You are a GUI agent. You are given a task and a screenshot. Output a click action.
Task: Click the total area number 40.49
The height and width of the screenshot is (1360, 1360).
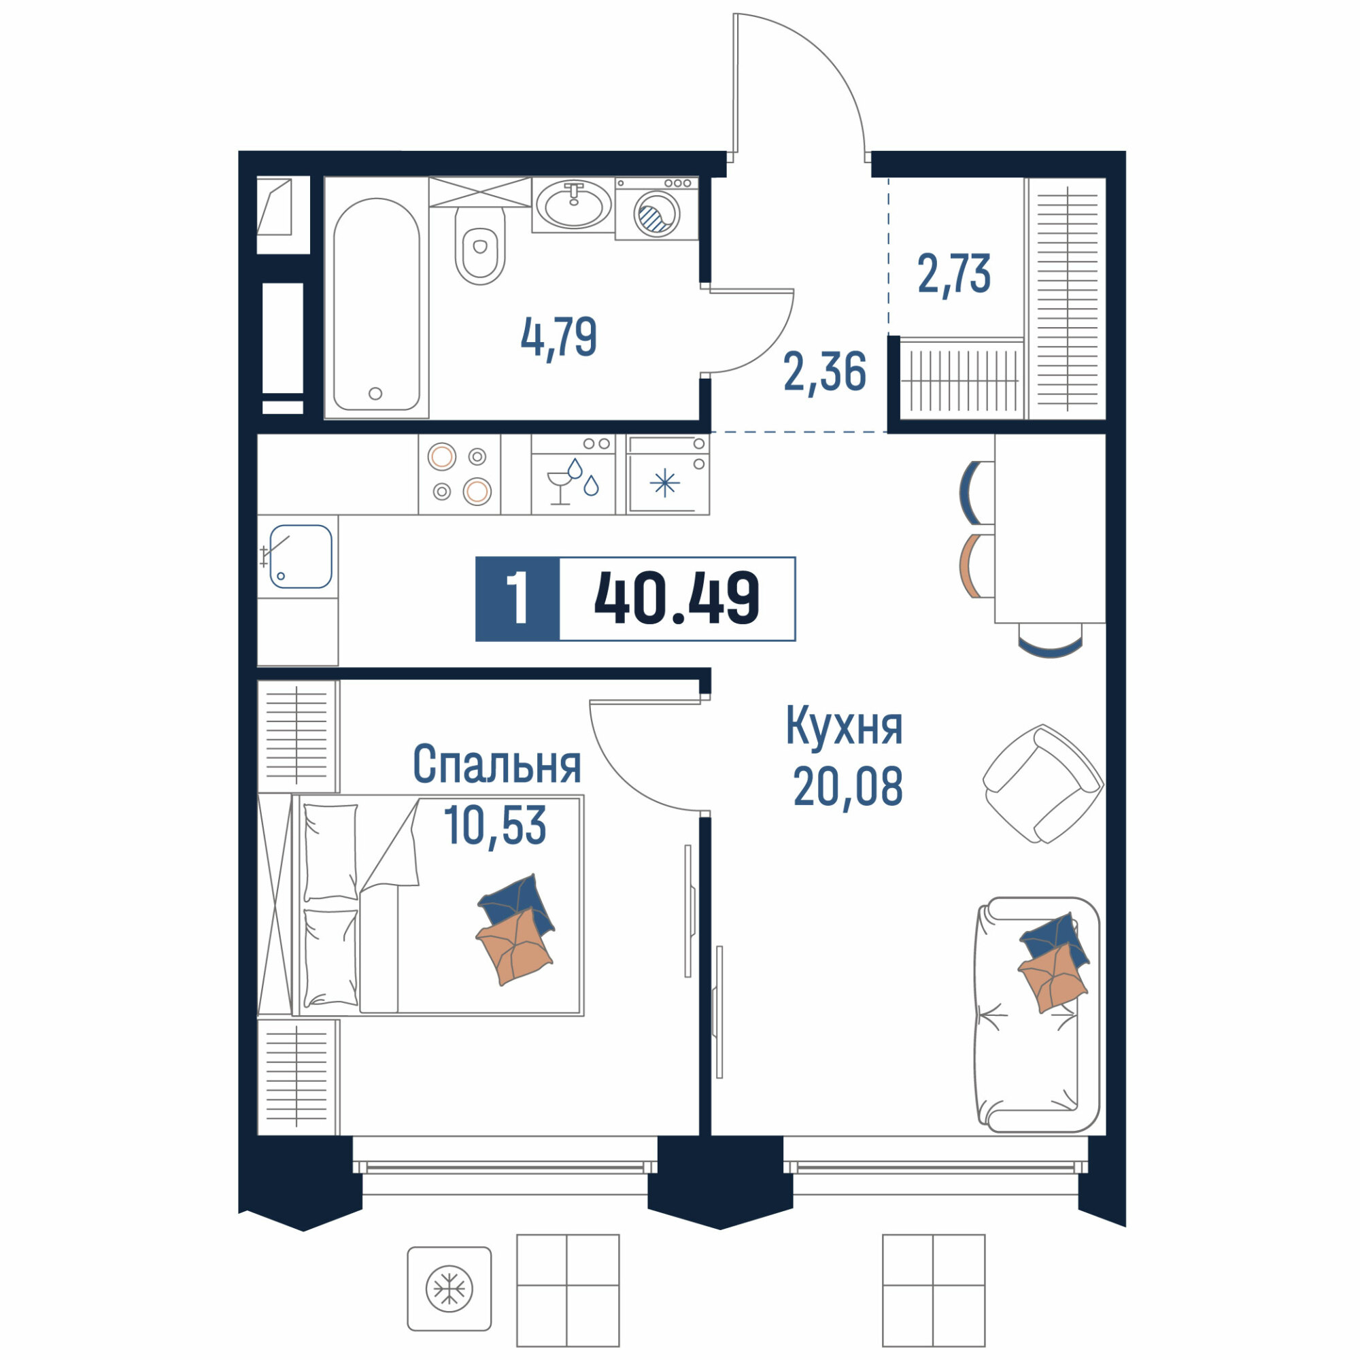[677, 598]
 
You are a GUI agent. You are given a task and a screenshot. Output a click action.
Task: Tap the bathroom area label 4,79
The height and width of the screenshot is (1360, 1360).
[559, 337]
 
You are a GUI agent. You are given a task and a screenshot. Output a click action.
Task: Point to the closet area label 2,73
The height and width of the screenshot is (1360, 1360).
[954, 274]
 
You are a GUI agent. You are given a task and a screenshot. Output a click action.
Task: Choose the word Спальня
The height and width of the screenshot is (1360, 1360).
[497, 764]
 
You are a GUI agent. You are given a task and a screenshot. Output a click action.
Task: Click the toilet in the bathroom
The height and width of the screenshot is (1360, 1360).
[481, 245]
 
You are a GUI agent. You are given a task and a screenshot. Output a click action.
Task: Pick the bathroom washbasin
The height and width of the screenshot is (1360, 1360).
[574, 204]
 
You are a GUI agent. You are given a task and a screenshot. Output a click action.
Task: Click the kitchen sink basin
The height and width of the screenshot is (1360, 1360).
[301, 556]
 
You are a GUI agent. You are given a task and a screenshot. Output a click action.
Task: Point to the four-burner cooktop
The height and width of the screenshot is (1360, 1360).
[460, 475]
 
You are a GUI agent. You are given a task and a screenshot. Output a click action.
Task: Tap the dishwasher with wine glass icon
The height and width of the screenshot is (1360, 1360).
[574, 475]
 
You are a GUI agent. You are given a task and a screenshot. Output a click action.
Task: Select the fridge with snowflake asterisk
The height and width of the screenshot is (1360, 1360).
[667, 475]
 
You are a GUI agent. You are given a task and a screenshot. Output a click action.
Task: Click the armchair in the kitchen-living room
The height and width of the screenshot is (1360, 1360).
[1043, 783]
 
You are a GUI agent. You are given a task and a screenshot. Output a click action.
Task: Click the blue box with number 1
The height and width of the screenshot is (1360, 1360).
[518, 599]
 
